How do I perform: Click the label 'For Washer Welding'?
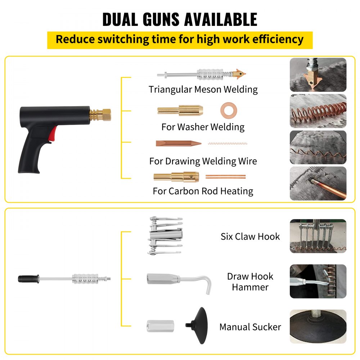(x=203, y=127)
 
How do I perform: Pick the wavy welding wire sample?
(x=228, y=143)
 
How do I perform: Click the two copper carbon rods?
(x=225, y=177)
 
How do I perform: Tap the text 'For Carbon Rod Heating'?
(x=203, y=191)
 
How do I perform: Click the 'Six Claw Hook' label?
(x=250, y=237)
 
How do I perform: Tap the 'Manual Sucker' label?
(x=250, y=327)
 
